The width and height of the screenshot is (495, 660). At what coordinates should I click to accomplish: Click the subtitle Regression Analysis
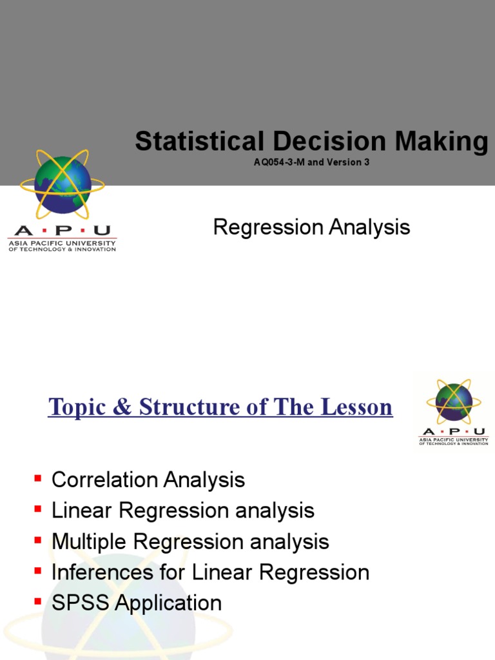tap(311, 227)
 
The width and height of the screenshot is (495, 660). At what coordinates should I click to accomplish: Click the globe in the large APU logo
tap(62, 185)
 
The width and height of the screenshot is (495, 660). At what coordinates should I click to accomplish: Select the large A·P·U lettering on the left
tap(62, 231)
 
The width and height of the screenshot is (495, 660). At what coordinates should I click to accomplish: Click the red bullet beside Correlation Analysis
tap(37, 479)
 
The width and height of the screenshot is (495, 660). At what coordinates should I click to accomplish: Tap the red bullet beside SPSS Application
tap(37, 602)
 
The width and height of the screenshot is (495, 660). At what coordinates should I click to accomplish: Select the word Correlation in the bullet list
tap(105, 480)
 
